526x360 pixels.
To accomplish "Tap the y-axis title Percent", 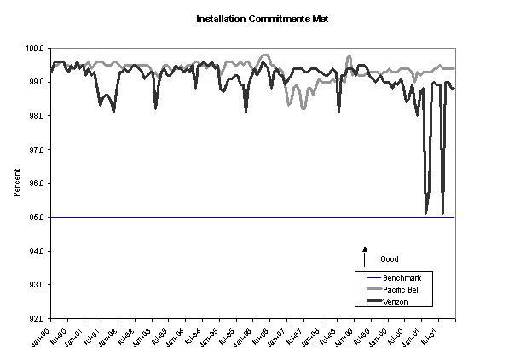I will pyautogui.click(x=17, y=183).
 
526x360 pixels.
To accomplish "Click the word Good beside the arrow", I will pyautogui.click(x=389, y=258).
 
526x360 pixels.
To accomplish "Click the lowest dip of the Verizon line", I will pyautogui.click(x=426, y=212).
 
